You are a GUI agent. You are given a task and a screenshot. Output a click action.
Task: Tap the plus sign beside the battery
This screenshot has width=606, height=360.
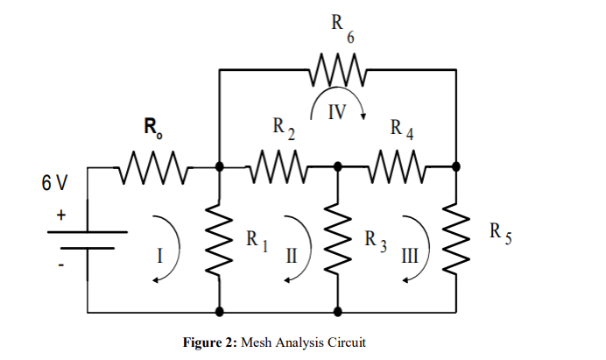point(62,213)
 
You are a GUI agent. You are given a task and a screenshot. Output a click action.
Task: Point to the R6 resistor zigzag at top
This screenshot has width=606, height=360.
point(337,70)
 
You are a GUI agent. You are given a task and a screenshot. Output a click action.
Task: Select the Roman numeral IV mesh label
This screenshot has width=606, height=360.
point(338,111)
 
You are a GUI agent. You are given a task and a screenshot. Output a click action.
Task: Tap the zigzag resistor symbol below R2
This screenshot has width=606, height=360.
point(278,165)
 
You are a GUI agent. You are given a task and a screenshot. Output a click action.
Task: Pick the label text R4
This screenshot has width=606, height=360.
point(402,131)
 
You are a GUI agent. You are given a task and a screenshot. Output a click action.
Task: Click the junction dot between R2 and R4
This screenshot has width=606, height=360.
point(338,165)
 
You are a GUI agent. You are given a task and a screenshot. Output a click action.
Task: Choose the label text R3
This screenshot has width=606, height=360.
point(374,237)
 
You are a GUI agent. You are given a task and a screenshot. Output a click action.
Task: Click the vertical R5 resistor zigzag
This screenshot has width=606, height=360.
point(456,237)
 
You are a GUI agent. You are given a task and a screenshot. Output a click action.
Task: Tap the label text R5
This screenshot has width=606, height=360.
point(497,233)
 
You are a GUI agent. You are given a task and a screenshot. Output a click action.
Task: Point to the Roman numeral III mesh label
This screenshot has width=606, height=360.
point(410,256)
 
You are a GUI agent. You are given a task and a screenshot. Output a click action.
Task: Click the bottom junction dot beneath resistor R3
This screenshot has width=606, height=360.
point(338,311)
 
